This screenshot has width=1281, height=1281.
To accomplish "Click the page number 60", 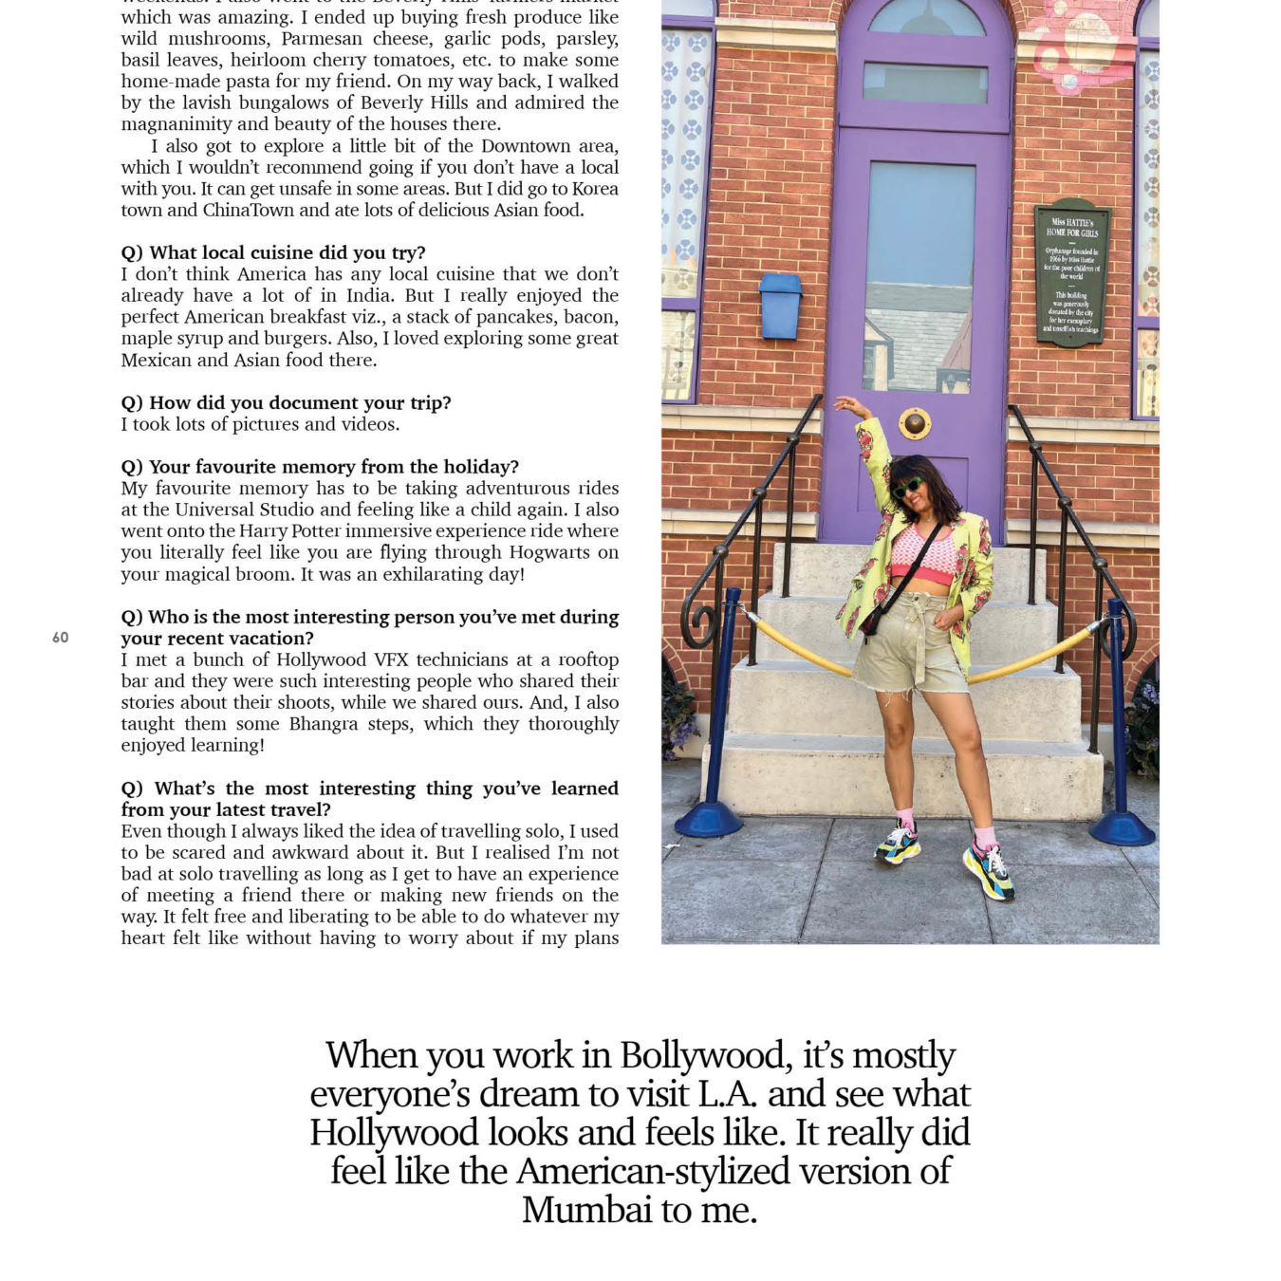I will pyautogui.click(x=60, y=638).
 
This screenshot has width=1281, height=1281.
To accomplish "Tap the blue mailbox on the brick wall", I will pyautogui.click(x=780, y=306).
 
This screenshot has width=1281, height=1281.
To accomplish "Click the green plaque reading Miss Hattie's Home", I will pyautogui.click(x=1072, y=273).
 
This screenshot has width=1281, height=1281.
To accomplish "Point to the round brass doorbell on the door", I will pyautogui.click(x=915, y=423).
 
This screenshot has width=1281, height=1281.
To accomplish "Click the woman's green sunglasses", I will pyautogui.click(x=907, y=489).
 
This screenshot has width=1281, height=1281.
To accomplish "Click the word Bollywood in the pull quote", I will pyautogui.click(x=703, y=1055).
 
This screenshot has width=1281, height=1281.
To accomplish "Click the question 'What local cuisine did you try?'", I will pyautogui.click(x=273, y=252).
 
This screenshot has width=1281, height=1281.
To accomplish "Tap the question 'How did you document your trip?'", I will pyautogui.click(x=286, y=402).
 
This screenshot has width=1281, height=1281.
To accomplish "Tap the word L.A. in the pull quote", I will pyautogui.click(x=728, y=1094).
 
